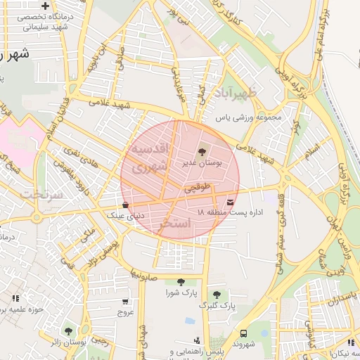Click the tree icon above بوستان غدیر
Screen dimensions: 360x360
click(x=202, y=151)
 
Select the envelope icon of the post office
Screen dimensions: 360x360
click(x=231, y=203)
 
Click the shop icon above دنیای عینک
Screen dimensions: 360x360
click(x=125, y=205)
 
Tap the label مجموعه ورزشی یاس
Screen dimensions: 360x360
click(x=247, y=117)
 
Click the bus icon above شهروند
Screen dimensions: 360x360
click(x=243, y=333)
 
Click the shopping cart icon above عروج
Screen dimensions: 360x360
click(x=124, y=301)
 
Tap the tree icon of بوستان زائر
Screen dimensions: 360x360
click(x=68, y=330)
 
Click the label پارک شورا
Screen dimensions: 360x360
click(x=180, y=292)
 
